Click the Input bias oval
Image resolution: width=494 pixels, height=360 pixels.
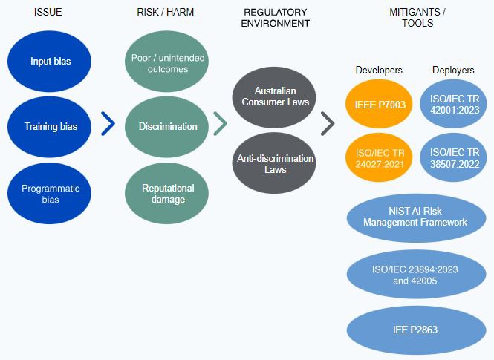click(x=50, y=61)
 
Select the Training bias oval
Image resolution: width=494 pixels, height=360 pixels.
click(x=50, y=126)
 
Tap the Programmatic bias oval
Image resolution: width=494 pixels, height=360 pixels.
click(x=50, y=194)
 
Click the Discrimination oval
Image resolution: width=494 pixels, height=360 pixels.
click(x=167, y=126)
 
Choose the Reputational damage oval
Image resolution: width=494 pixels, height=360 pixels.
click(x=167, y=194)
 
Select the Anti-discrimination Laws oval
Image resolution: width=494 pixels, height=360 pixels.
click(x=274, y=163)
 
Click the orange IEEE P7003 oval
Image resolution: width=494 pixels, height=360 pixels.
click(x=379, y=105)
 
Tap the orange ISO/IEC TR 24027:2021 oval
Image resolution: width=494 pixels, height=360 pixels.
click(x=379, y=158)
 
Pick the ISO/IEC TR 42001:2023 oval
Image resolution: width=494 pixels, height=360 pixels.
click(x=453, y=105)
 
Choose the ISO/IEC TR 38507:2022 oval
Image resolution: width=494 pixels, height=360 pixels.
click(x=453, y=158)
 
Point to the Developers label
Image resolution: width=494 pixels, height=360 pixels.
click(x=379, y=71)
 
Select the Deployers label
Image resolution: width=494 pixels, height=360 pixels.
click(x=453, y=71)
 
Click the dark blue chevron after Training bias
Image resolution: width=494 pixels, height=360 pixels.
click(x=108, y=125)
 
